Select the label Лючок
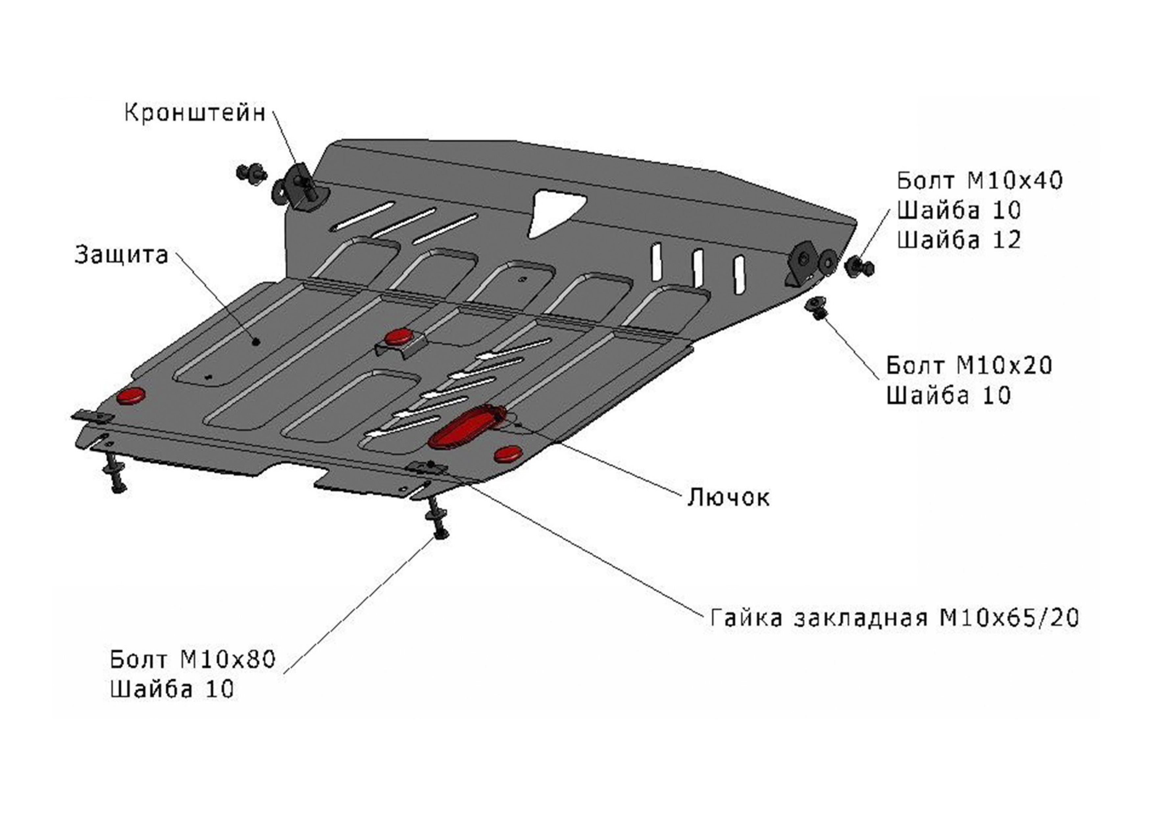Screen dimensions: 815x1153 tap(728, 498)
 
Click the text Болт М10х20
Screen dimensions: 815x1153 tap(969, 365)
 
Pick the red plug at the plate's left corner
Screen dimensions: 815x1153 tap(131, 396)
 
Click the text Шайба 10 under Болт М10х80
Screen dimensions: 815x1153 tap(172, 689)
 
